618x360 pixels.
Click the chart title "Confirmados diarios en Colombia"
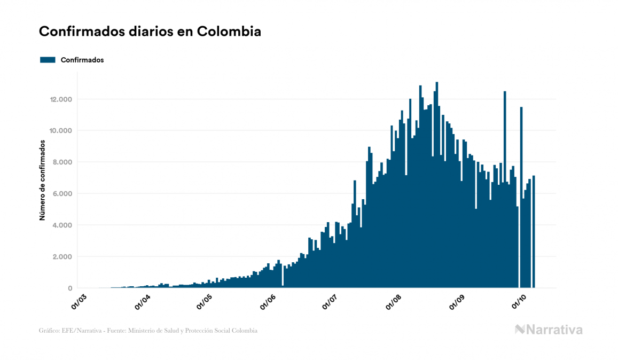[150, 32]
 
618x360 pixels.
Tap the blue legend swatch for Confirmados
[48, 60]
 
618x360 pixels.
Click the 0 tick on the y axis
[70, 288]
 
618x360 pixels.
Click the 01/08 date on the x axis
[394, 302]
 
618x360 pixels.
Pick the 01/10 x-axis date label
[519, 302]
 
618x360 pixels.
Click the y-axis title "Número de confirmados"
[42, 181]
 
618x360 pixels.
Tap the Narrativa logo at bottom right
[549, 330]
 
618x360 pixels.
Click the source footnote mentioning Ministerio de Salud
[148, 331]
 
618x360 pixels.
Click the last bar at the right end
[534, 232]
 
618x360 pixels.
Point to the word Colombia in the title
[229, 32]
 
